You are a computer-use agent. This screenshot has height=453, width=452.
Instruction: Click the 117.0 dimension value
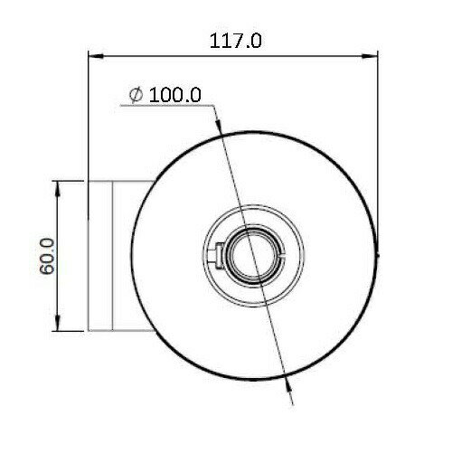pyautogui.click(x=235, y=41)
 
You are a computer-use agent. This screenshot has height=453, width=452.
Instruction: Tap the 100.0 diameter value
pyautogui.click(x=175, y=95)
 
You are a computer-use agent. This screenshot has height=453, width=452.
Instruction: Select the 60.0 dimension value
pyautogui.click(x=47, y=257)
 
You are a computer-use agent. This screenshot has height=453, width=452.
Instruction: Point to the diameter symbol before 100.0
pyautogui.click(x=136, y=95)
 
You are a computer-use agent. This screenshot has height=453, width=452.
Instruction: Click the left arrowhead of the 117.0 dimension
pyautogui.click(x=96, y=56)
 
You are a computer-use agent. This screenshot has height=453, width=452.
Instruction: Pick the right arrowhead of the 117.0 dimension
pyautogui.click(x=370, y=56)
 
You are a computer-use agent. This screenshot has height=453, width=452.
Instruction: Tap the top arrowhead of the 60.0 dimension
pyautogui.click(x=58, y=188)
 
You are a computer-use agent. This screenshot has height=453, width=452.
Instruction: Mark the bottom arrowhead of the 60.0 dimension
pyautogui.click(x=58, y=324)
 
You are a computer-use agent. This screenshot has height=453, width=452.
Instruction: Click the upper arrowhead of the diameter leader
pyautogui.click(x=218, y=126)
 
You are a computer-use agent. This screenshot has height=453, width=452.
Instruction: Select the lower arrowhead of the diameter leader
pyautogui.click(x=287, y=386)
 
